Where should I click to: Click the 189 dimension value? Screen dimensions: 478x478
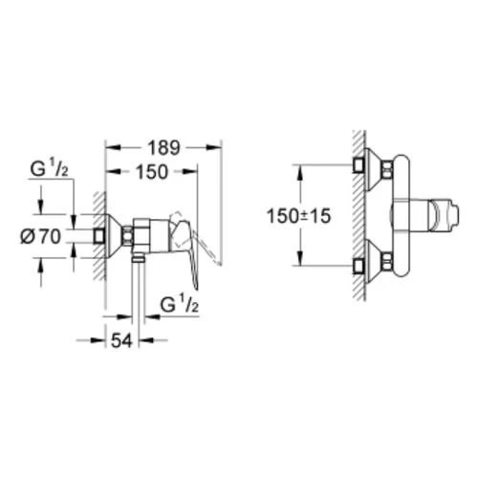pyautogui.click(x=163, y=147)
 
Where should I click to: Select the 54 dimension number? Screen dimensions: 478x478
pyautogui.click(x=121, y=341)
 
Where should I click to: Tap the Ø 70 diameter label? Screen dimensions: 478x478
pyautogui.click(x=41, y=237)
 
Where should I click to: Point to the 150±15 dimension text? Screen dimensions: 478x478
pyautogui.click(x=298, y=216)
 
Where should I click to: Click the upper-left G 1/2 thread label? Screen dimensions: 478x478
pyautogui.click(x=49, y=169)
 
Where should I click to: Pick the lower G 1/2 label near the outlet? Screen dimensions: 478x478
pyautogui.click(x=180, y=304)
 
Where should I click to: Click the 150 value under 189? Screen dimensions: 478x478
pyautogui.click(x=152, y=172)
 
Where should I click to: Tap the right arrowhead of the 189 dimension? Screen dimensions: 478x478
pyautogui.click(x=213, y=147)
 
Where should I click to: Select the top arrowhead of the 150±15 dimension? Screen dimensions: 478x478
pyautogui.click(x=300, y=172)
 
